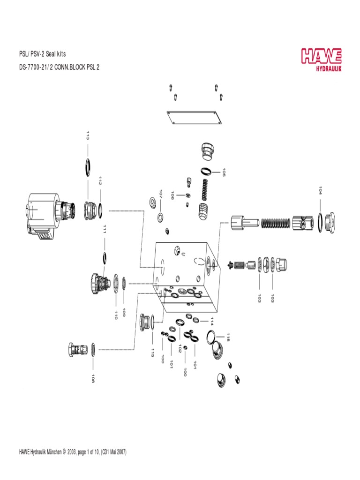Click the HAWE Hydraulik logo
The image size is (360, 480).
pyautogui.click(x=321, y=60)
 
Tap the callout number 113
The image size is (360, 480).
pyautogui.click(x=88, y=136)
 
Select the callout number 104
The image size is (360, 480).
pyautogui.click(x=320, y=190)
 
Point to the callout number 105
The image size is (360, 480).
pyautogui.click(x=224, y=172)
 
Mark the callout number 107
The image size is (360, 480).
pyautogui.click(x=160, y=195)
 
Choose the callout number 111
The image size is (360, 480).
pyautogui.click(x=105, y=229)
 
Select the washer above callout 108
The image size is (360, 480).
pyautogui.click(x=94, y=348)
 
